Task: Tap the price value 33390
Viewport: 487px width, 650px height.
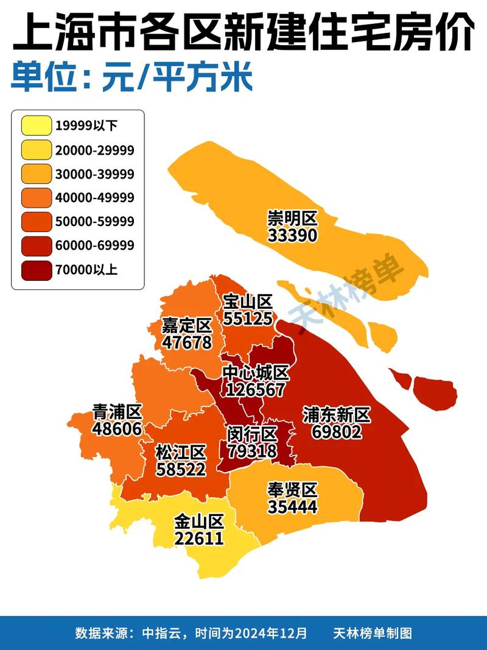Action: click(292, 235)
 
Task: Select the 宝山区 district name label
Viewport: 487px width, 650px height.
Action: click(248, 302)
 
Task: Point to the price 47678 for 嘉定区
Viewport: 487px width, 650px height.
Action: click(187, 342)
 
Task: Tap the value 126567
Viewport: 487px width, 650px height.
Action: click(255, 389)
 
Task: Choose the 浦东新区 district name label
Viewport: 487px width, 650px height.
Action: click(336, 415)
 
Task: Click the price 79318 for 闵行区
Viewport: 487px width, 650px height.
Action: click(252, 451)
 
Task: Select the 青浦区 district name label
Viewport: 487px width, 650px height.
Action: click(117, 412)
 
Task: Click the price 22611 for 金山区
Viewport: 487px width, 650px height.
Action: click(199, 538)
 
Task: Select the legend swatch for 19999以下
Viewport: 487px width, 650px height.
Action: click(35, 126)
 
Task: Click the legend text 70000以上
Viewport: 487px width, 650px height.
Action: click(86, 269)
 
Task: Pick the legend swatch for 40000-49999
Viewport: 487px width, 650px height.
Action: click(35, 198)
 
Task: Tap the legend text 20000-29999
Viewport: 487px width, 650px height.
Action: click(94, 150)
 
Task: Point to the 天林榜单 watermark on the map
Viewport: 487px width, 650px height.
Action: click(347, 289)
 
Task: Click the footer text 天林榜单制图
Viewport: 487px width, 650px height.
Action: click(373, 633)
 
